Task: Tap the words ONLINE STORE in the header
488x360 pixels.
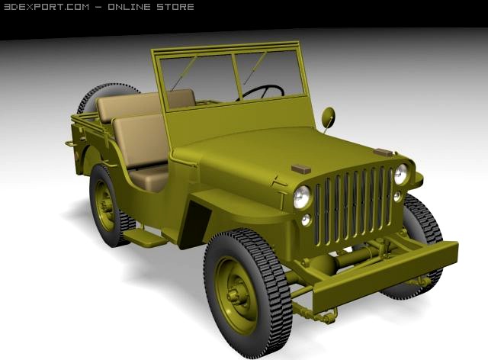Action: (x=150, y=7)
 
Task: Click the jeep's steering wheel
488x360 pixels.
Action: (x=263, y=92)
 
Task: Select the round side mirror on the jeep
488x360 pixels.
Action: (x=329, y=117)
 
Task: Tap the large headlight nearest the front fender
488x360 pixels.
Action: (x=302, y=197)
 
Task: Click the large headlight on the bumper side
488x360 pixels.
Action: (x=401, y=174)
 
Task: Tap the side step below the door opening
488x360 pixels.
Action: (x=146, y=237)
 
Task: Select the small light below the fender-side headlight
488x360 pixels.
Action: (x=307, y=220)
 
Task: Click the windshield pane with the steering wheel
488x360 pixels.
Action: (x=268, y=76)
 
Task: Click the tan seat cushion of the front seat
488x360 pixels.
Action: (x=149, y=177)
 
